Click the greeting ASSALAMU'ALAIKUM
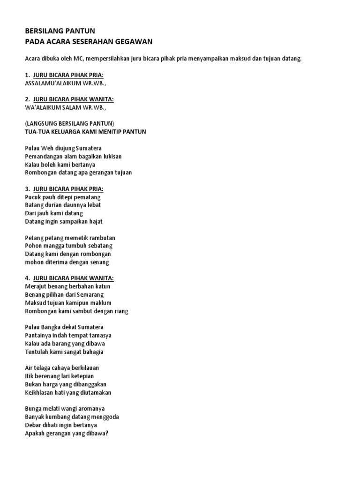click(52, 83)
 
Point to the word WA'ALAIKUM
click(44, 107)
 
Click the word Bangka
click(52, 327)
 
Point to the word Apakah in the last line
click(35, 433)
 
